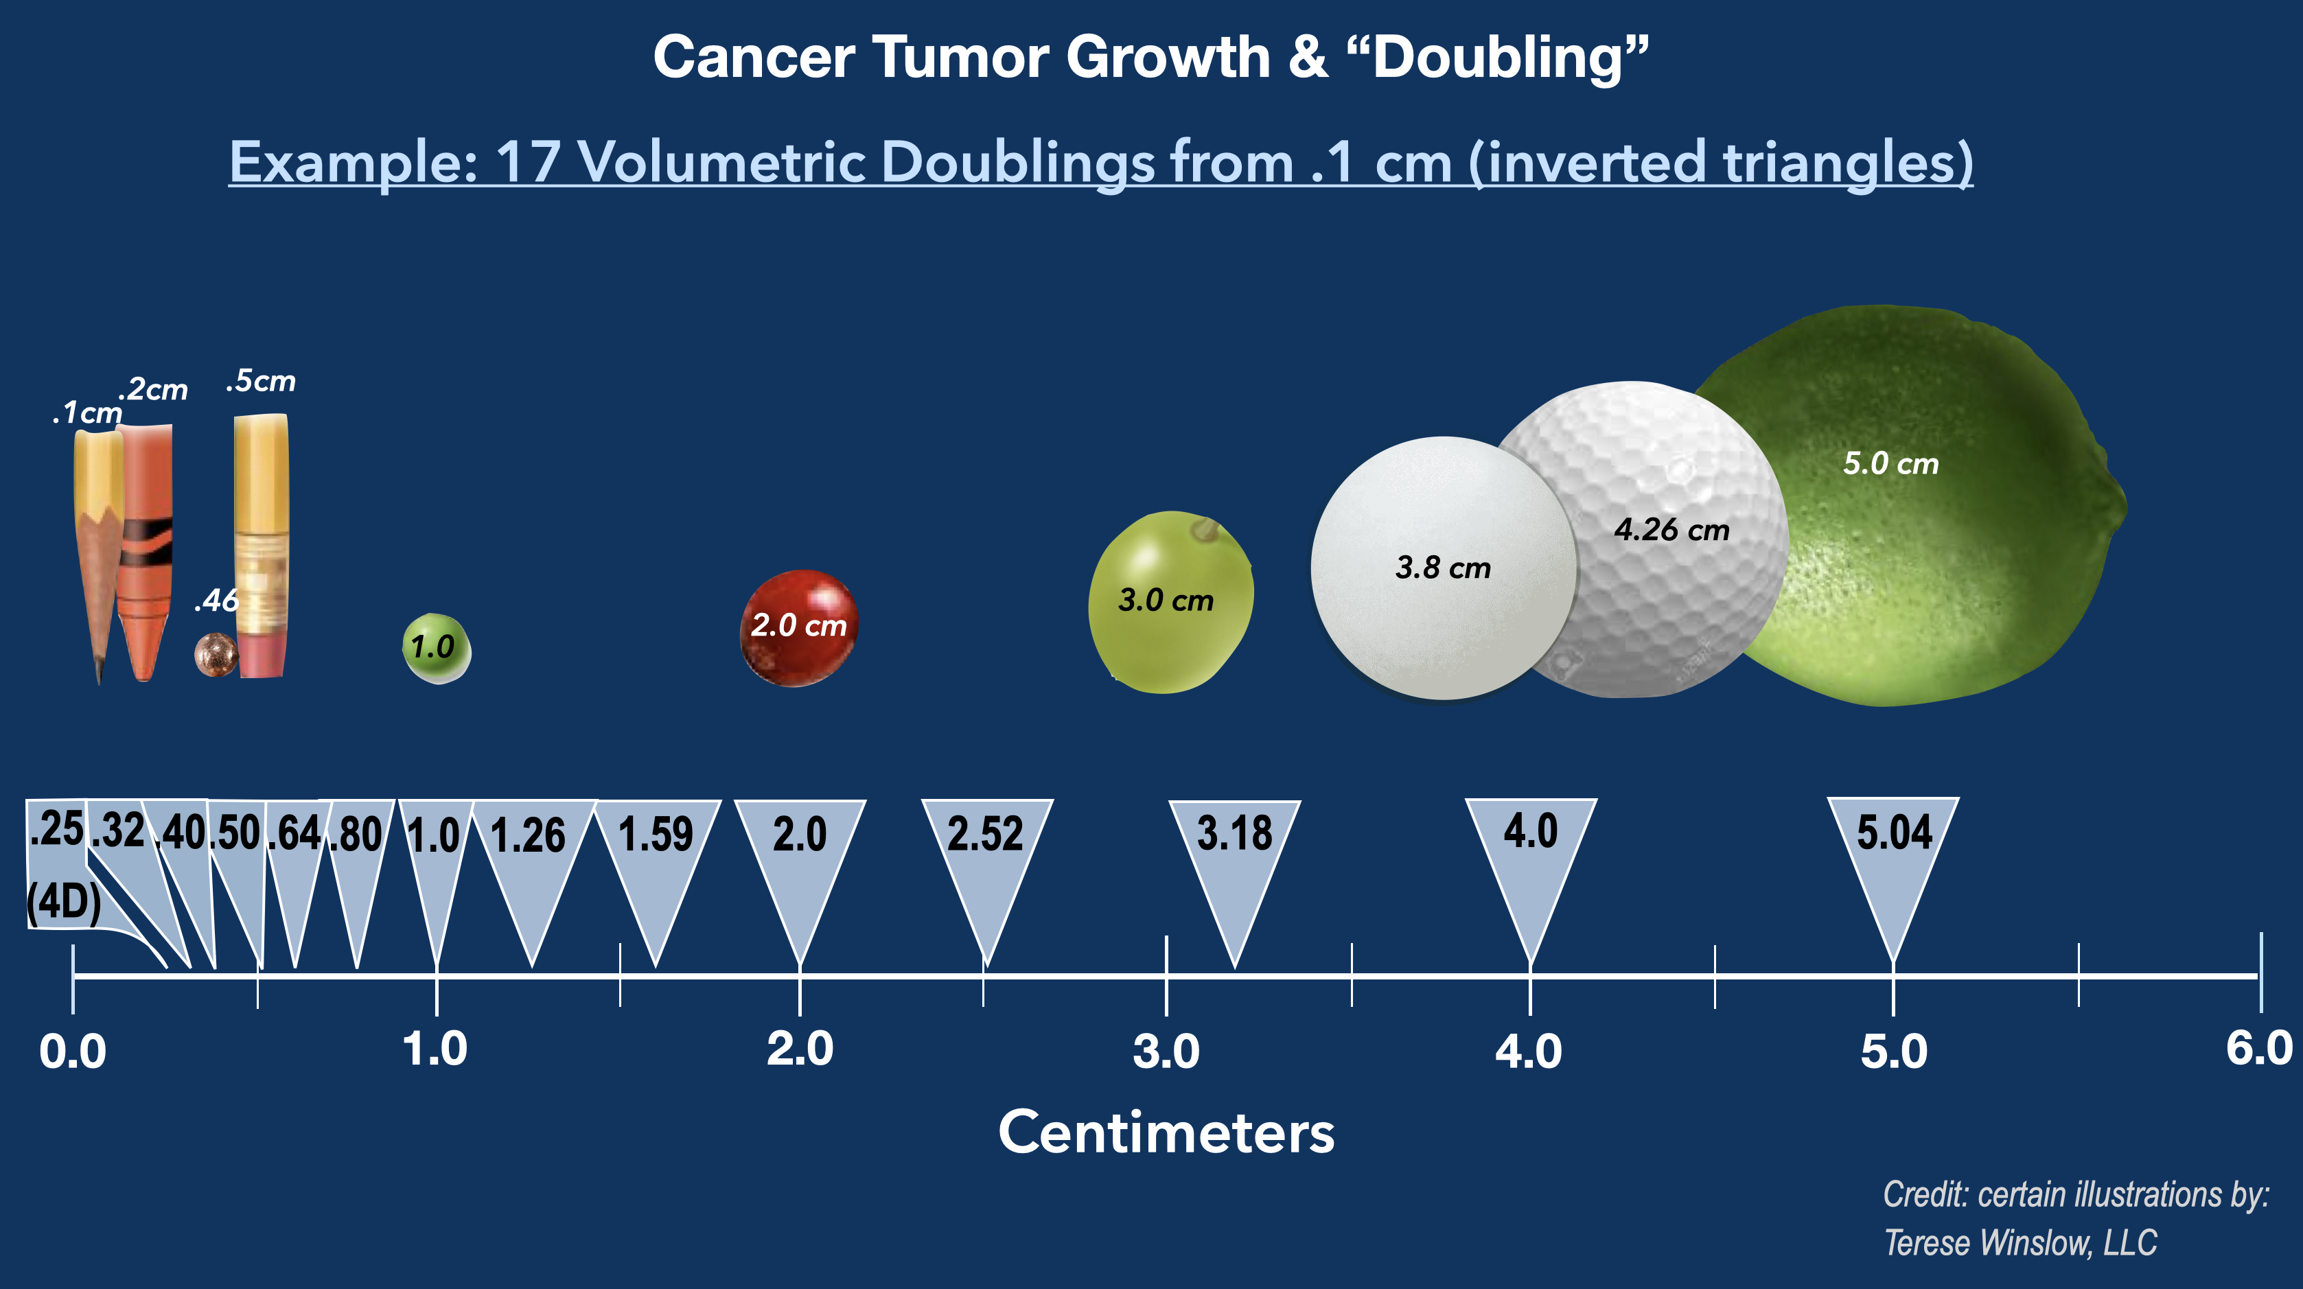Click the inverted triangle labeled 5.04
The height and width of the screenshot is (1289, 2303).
pyautogui.click(x=1893, y=858)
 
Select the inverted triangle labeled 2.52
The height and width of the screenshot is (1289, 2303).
pyautogui.click(x=986, y=858)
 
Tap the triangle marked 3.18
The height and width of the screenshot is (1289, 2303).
pyautogui.click(x=1235, y=858)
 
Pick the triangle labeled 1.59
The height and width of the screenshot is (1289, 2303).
pyautogui.click(x=656, y=858)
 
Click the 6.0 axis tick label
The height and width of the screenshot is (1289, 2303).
pyautogui.click(x=2258, y=1047)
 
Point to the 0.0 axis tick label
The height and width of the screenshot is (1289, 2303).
pyautogui.click(x=72, y=1052)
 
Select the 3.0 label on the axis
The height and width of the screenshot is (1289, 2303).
pyautogui.click(x=1166, y=1052)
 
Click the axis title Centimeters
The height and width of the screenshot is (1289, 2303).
pyautogui.click(x=1166, y=1133)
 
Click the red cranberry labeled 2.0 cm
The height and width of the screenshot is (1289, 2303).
pyautogui.click(x=798, y=627)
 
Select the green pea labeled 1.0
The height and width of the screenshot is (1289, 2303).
pyautogui.click(x=437, y=648)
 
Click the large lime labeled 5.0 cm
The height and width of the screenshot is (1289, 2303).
pyautogui.click(x=1949, y=536)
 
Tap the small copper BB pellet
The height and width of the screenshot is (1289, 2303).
pyautogui.click(x=216, y=654)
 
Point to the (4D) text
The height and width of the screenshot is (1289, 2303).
pyautogui.click(x=63, y=902)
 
